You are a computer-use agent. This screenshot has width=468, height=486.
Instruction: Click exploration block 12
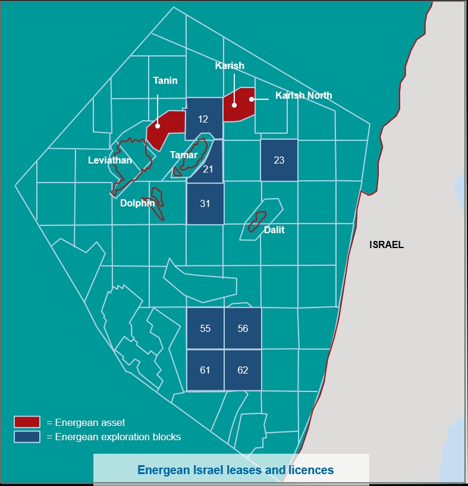[203, 119]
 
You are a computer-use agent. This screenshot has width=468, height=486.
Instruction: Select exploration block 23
[279, 160]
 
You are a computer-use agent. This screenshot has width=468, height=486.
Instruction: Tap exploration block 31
[205, 203]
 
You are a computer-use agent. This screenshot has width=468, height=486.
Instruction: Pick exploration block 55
[205, 328]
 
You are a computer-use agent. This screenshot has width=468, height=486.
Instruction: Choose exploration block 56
[243, 328]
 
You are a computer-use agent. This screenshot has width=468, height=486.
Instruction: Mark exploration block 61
[205, 370]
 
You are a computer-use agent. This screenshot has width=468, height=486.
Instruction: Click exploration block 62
[243, 370]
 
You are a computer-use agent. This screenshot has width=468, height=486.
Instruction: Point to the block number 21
[208, 170]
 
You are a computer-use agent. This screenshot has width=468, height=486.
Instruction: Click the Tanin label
[165, 80]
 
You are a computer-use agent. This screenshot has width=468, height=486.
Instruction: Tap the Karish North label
[304, 95]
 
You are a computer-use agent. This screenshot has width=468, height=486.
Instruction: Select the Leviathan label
[110, 160]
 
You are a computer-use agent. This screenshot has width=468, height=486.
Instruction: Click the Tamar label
[184, 155]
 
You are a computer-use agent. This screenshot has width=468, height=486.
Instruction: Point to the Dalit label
[274, 230]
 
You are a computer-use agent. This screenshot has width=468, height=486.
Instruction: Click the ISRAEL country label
[387, 244]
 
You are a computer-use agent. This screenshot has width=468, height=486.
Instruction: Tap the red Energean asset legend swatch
[27, 422]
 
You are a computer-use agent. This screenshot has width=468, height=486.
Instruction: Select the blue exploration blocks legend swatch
[27, 437]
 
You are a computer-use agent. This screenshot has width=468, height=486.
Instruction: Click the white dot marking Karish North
[252, 99]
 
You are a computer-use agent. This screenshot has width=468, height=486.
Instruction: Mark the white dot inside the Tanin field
[158, 126]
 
